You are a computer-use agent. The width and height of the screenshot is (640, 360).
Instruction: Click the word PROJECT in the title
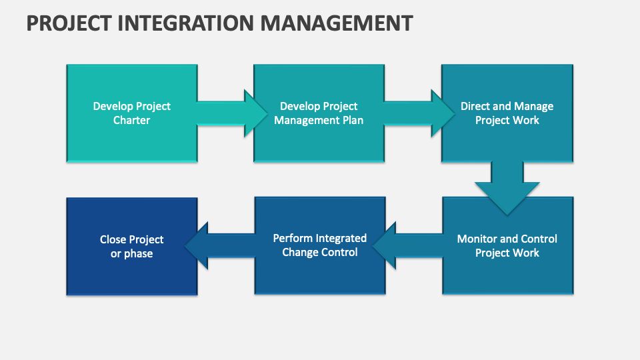(x=69, y=23)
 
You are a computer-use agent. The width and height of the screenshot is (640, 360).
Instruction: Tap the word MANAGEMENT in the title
(x=337, y=23)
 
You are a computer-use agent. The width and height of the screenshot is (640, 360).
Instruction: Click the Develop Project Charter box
(x=132, y=113)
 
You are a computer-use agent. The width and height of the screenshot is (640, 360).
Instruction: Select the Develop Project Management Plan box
(x=319, y=113)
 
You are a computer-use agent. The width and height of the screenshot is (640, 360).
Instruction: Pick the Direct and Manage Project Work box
(x=507, y=113)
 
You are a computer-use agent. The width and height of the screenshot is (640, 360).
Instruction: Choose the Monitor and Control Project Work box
(x=507, y=246)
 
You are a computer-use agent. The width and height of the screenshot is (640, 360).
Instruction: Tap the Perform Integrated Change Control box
(x=320, y=246)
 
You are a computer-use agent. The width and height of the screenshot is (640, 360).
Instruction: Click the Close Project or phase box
(x=132, y=247)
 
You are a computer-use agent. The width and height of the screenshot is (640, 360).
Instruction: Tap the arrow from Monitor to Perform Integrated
(x=408, y=246)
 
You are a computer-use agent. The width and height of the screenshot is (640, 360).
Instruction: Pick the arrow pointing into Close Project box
(x=220, y=246)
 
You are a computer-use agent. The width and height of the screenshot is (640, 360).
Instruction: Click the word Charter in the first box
(x=131, y=121)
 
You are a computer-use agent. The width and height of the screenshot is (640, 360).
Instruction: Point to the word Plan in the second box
(x=353, y=121)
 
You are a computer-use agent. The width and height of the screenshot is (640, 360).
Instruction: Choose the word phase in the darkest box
(x=138, y=254)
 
